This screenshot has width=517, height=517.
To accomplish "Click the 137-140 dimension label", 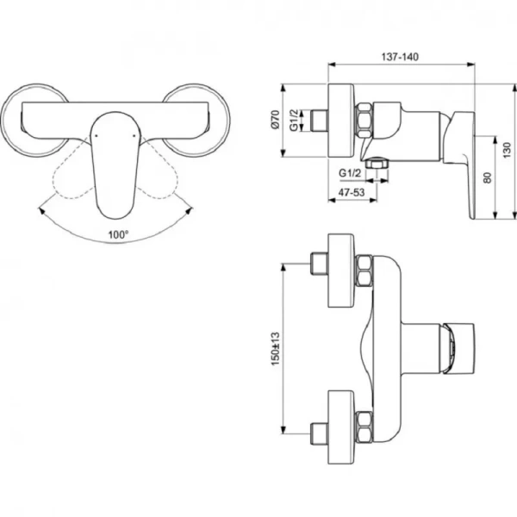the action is [x=400, y=57].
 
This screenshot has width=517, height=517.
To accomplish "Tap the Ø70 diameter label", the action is [x=276, y=120].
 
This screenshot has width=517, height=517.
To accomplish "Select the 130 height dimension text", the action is [x=508, y=150].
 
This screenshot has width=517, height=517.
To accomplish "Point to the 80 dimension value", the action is [x=488, y=178].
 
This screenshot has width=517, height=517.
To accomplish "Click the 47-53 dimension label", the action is [x=352, y=192].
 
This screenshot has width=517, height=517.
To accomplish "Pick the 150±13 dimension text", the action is [x=275, y=348].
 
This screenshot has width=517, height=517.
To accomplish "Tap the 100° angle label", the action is [x=118, y=234].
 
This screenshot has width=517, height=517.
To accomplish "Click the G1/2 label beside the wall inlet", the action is [x=294, y=120].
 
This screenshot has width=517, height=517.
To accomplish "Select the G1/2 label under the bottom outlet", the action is [x=350, y=173].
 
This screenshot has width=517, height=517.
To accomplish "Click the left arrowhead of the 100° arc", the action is [x=42, y=211].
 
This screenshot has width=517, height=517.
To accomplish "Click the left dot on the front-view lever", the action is [x=96, y=135].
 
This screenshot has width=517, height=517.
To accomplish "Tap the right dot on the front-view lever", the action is [x=134, y=135].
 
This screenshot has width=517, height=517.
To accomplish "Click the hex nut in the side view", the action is [x=364, y=120].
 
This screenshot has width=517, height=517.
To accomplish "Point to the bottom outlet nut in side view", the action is [x=377, y=164].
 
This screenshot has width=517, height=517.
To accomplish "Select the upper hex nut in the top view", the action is [x=364, y=271].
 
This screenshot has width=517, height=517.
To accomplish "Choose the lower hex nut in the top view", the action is [x=364, y=427].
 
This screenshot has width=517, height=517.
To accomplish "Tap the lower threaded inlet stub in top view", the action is [x=319, y=434].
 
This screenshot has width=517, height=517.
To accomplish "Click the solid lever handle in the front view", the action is [x=115, y=165].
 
